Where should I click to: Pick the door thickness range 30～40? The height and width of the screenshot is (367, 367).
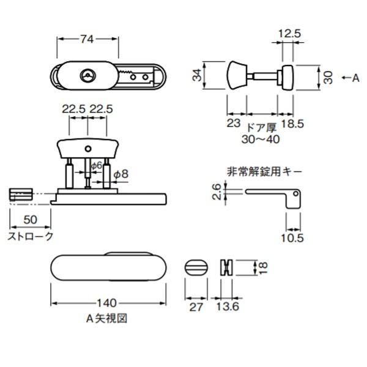pos(261,139)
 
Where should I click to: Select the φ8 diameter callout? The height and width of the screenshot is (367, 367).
pos(121,174)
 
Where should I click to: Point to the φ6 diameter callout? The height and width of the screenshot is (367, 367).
pos(96,165)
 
